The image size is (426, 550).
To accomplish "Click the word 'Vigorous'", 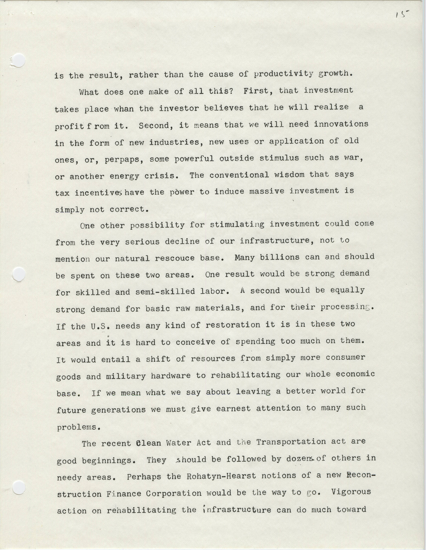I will click(351, 492).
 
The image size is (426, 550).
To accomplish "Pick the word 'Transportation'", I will click(291, 442).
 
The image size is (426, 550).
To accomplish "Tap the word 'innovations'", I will click(341, 124).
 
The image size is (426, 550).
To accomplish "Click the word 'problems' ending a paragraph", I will click(77, 427).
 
